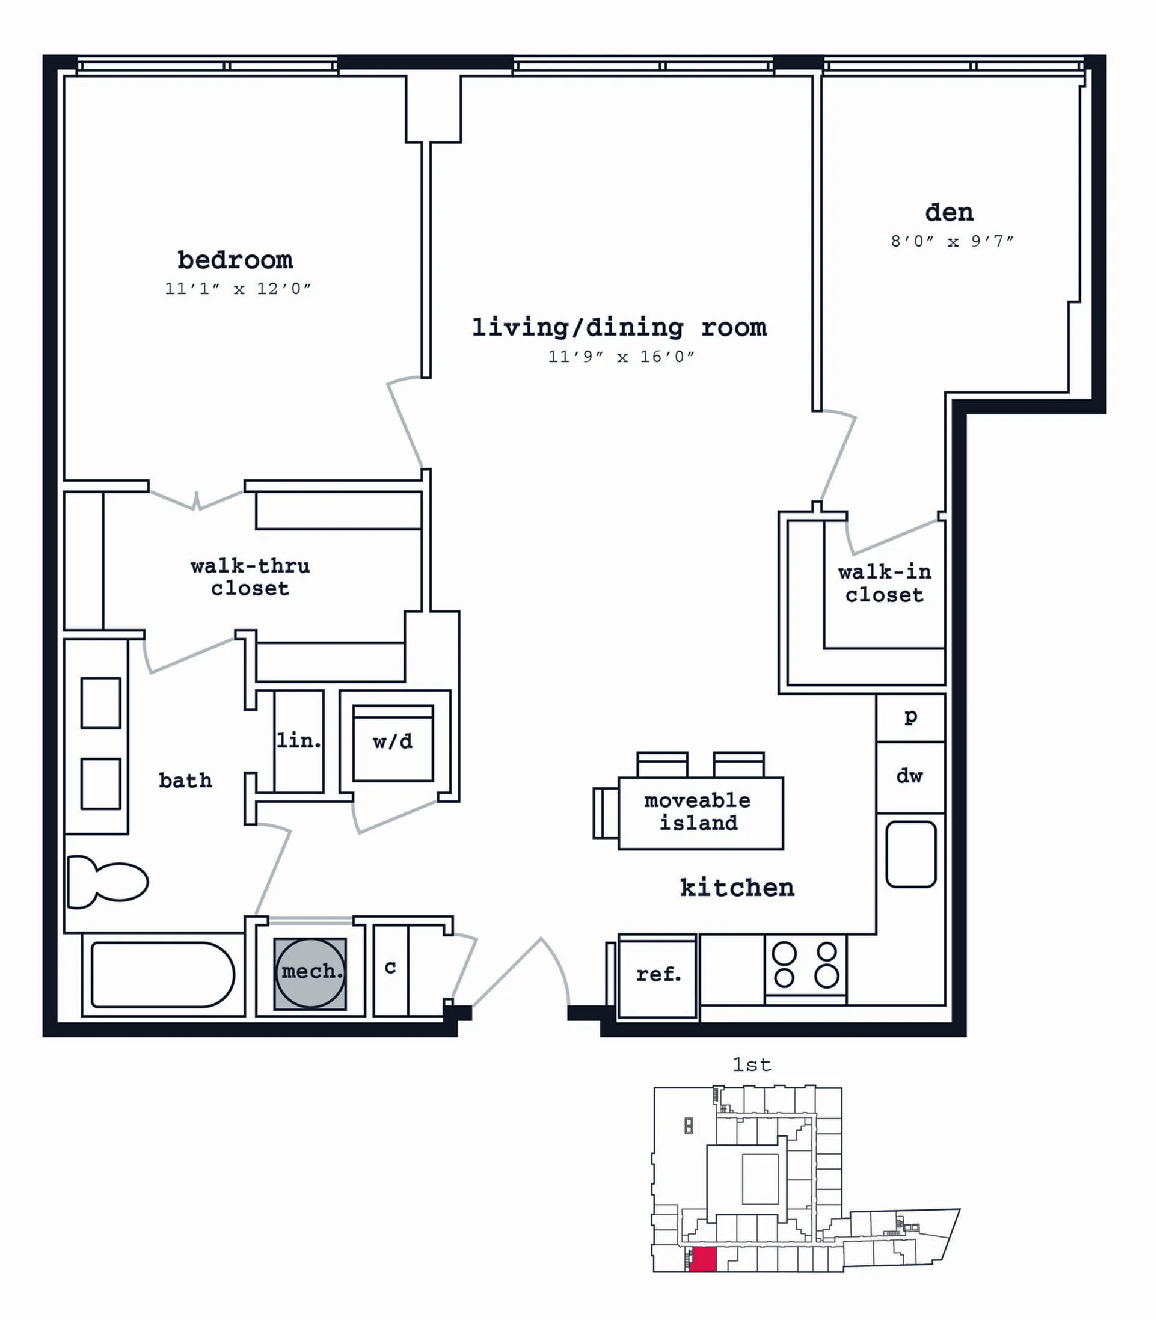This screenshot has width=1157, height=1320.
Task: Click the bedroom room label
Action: [x=235, y=260]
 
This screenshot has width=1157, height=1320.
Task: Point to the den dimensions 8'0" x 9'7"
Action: [x=953, y=241]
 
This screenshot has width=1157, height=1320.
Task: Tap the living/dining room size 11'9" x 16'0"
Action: [x=621, y=357]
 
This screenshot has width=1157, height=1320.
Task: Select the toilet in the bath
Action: [x=107, y=882]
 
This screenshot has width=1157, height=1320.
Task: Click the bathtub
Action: [x=163, y=974]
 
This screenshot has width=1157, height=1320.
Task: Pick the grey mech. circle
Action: [x=310, y=973]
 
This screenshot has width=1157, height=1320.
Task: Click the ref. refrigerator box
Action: [x=658, y=975]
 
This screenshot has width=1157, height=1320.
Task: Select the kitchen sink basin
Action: [x=911, y=854]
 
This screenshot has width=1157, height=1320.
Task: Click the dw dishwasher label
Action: [x=910, y=776]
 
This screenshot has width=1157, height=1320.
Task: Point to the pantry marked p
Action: [x=910, y=717]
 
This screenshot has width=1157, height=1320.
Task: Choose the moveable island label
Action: [x=698, y=812]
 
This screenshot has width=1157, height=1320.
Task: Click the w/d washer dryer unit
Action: [x=393, y=743]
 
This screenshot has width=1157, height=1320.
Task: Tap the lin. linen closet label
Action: [x=299, y=741]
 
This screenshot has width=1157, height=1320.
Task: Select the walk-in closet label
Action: [x=885, y=583]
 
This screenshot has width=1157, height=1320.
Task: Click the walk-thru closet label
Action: [x=251, y=577]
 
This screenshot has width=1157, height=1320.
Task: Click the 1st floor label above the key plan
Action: [x=752, y=1064]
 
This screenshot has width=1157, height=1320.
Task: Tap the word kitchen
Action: [x=737, y=888]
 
